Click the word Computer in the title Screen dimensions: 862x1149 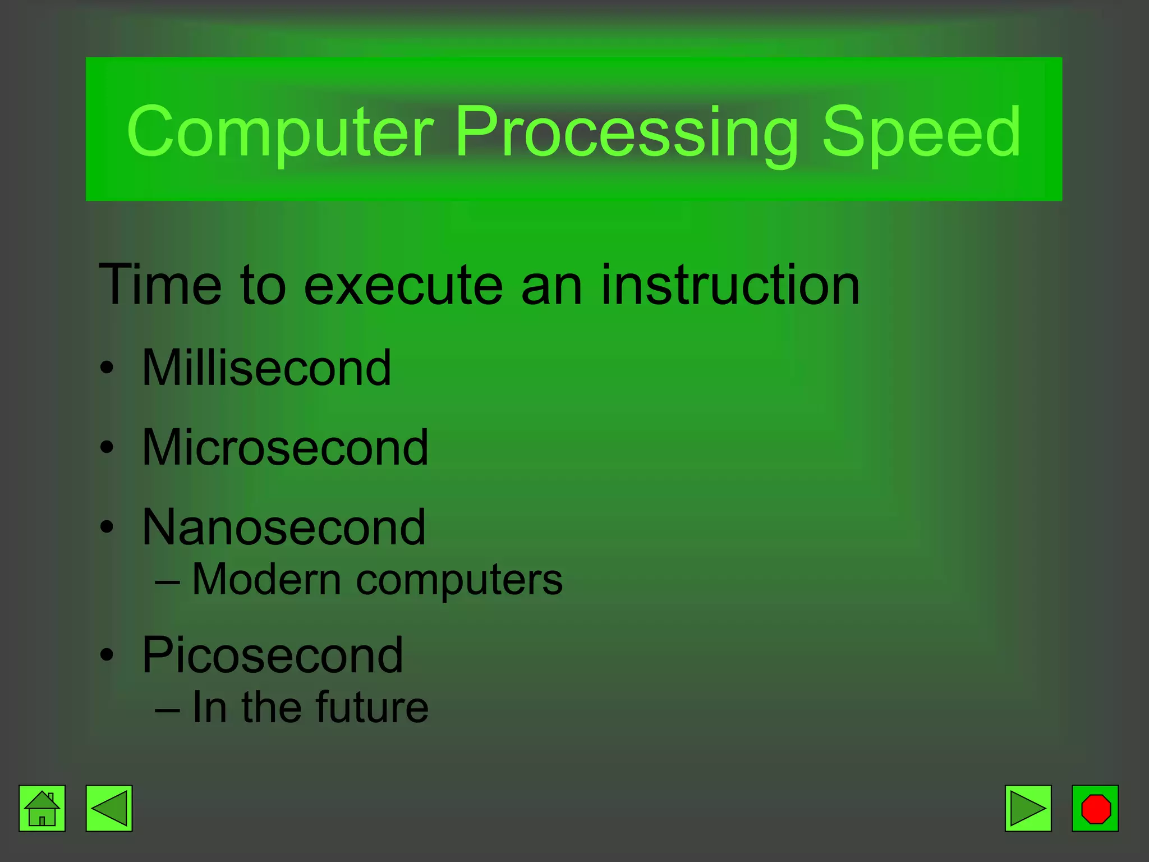click(x=281, y=132)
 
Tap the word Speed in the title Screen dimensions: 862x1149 click(x=921, y=132)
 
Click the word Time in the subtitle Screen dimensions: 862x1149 click(x=160, y=285)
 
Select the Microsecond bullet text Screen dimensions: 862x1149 click(x=285, y=447)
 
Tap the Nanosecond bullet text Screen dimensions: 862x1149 click(x=284, y=527)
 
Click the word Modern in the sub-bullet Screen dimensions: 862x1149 click(x=266, y=579)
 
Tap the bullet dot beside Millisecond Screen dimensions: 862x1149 click(x=107, y=369)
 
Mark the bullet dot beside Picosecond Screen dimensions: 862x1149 click(x=107, y=655)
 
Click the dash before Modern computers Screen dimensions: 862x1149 click(x=168, y=582)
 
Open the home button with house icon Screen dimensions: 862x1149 click(x=42, y=808)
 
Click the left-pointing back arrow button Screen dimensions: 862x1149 click(x=109, y=808)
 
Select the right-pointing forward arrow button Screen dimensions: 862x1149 click(x=1028, y=808)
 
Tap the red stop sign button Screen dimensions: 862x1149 click(x=1095, y=808)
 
